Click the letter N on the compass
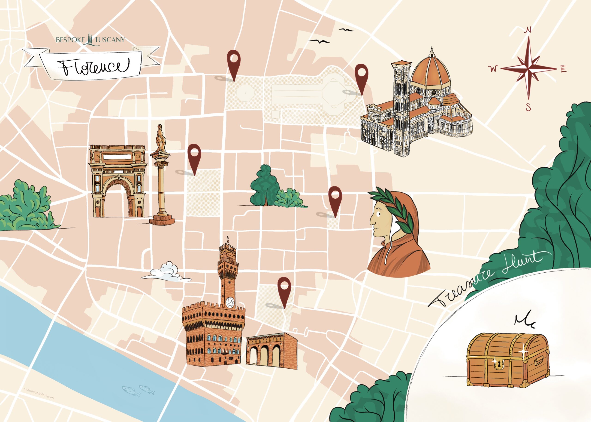tap(528, 38)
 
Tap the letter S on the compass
tap(528, 107)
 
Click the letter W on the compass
tap(493, 69)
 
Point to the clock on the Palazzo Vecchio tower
tap(230, 302)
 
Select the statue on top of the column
tap(161, 138)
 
